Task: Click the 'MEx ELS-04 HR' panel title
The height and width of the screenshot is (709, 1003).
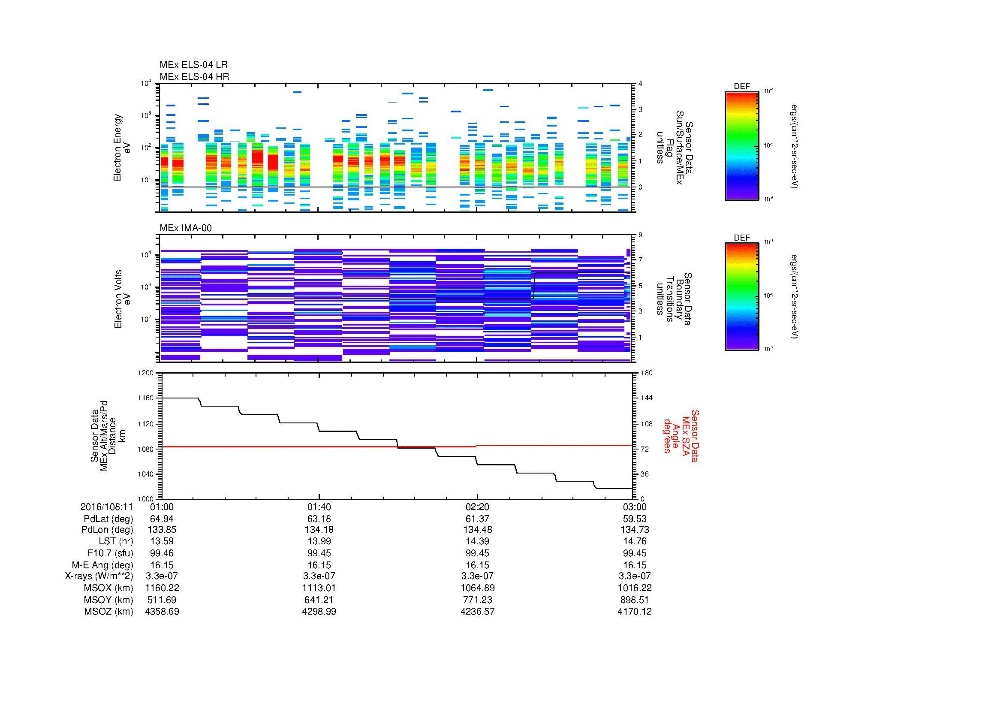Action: tap(194, 76)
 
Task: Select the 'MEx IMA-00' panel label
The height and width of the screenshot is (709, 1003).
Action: tap(186, 228)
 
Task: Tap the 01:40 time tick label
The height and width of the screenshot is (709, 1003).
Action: tap(319, 507)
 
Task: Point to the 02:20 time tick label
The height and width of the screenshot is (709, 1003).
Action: tap(478, 507)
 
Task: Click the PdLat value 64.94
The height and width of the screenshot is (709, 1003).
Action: tap(162, 519)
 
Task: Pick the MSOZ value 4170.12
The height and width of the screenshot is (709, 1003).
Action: tap(634, 612)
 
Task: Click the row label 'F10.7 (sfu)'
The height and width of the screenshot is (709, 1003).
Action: tap(109, 553)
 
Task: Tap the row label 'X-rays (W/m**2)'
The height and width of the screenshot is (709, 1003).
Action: tap(99, 576)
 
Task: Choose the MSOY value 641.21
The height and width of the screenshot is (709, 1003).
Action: tap(319, 600)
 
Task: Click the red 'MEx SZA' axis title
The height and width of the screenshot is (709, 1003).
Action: tap(686, 436)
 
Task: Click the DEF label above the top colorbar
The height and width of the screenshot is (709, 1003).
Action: tap(742, 87)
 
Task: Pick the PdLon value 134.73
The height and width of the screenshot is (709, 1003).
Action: tap(634, 530)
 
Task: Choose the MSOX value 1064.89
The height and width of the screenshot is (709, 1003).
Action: tap(478, 588)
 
